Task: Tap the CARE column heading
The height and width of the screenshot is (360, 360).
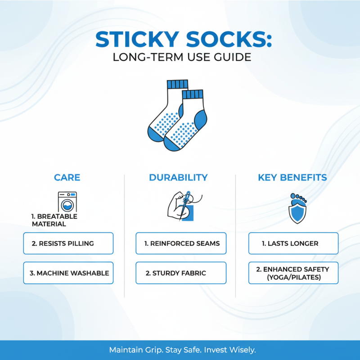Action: coord(67,177)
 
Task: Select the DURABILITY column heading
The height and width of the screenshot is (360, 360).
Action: coord(178,177)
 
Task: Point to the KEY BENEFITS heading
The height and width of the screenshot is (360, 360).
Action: coord(292,177)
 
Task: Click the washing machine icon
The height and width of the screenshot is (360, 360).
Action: coord(67,201)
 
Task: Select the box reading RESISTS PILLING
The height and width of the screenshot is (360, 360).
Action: coord(68,243)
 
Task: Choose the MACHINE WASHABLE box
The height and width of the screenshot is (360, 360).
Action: coord(68,273)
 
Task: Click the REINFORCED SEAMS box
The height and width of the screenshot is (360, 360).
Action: coord(181,243)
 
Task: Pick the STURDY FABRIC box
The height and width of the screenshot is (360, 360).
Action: coord(181,273)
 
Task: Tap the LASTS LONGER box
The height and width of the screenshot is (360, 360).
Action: coord(293,243)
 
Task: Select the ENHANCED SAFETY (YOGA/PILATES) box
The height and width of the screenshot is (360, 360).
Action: coord(293,273)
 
